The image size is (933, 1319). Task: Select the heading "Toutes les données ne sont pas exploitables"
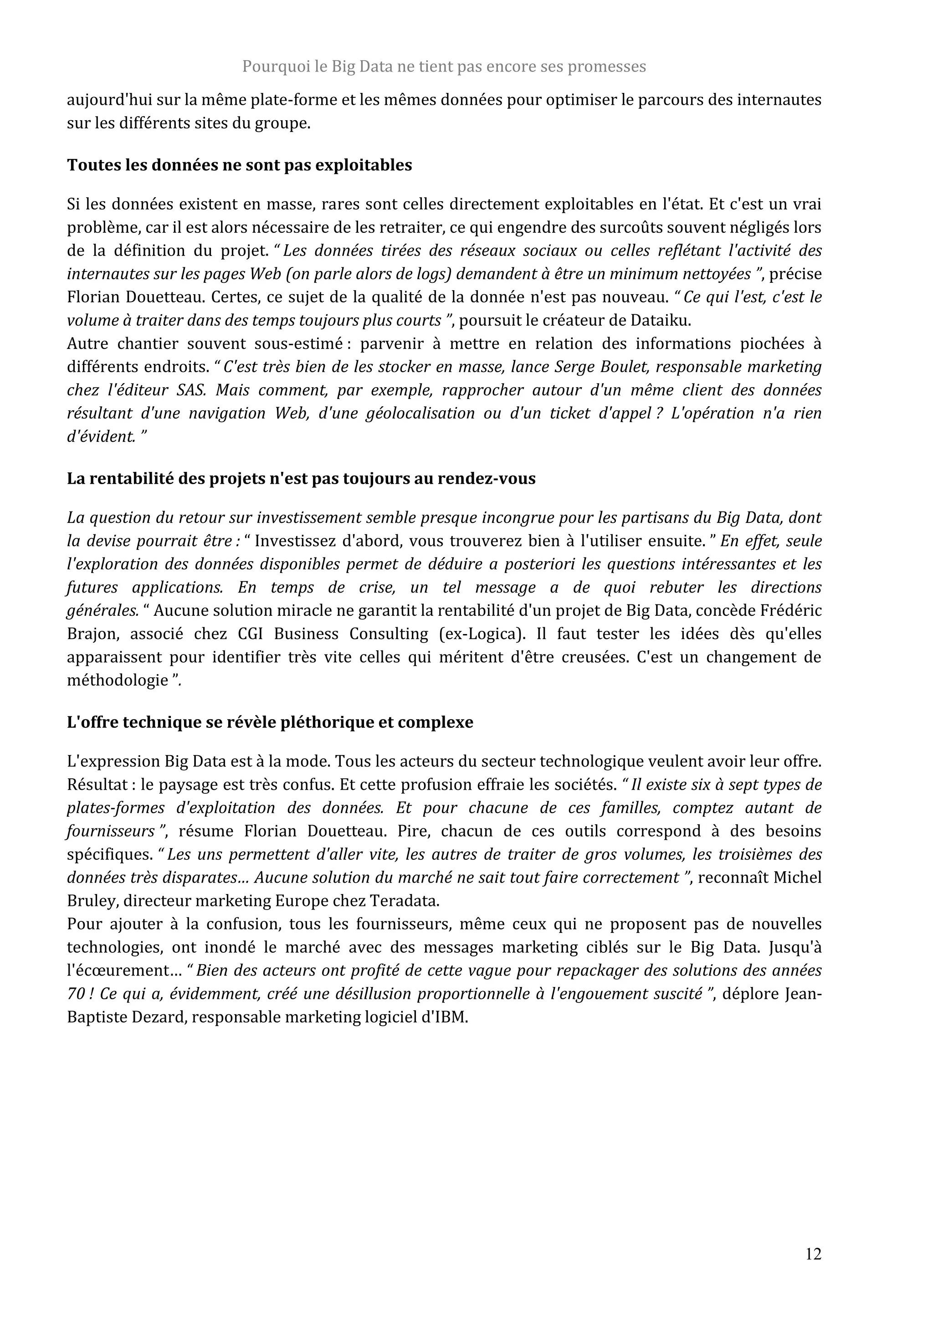pyautogui.click(x=240, y=165)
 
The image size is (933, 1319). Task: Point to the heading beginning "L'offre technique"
pyautogui.click(x=270, y=721)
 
